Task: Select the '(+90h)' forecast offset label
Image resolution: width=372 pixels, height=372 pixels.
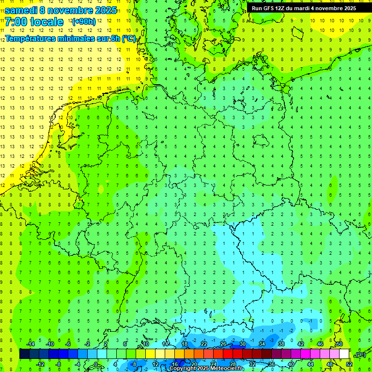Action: pos(84,22)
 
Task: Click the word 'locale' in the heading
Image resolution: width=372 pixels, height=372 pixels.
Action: pos(46,22)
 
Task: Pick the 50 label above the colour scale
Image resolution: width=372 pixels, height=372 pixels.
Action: pos(340,344)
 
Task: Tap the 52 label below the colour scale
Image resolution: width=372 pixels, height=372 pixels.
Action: pos(349,364)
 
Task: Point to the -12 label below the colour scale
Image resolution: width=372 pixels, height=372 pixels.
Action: pos(40,364)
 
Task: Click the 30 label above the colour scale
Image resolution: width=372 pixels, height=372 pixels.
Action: pos(242,344)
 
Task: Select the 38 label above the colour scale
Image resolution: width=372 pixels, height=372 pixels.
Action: pos(281,344)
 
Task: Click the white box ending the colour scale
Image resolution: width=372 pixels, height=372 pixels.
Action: pos(344,354)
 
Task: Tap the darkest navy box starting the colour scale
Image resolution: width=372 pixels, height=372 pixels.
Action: pos(24,354)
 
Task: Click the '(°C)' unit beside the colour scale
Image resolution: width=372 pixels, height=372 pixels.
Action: pos(360,355)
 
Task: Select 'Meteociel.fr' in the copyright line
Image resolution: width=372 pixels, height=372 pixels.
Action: pos(227,369)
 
